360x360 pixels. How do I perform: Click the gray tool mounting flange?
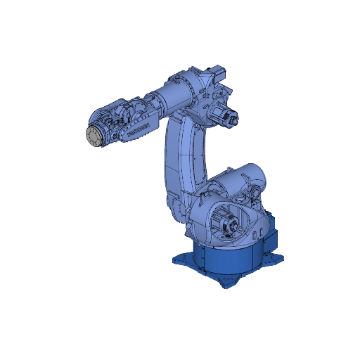93,136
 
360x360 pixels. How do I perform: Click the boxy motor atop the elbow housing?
218,72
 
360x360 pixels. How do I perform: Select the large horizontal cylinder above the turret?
239,179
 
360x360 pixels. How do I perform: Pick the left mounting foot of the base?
181,259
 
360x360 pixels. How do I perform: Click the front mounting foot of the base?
229,283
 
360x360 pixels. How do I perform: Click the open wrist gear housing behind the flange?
112,123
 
